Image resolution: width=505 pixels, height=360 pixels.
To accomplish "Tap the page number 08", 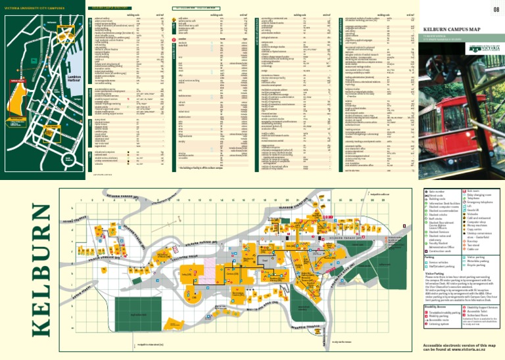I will point(494,9).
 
